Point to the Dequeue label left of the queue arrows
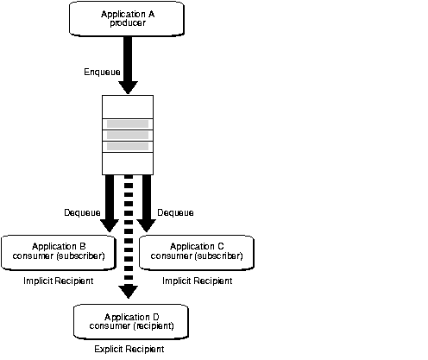click(83, 212)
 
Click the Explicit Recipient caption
click(128, 351)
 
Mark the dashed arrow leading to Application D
click(128, 233)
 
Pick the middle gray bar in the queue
click(127, 135)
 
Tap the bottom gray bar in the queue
click(127, 146)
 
